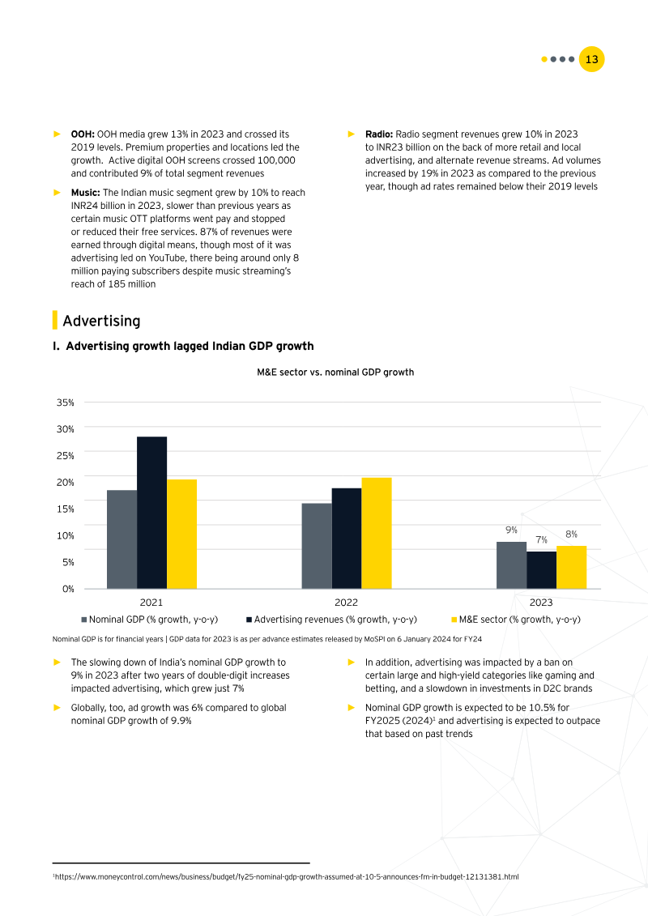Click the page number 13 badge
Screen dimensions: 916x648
pyautogui.click(x=592, y=59)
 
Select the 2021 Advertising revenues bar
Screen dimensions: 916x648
pyautogui.click(x=151, y=512)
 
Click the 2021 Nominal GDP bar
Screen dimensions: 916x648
pyautogui.click(x=122, y=539)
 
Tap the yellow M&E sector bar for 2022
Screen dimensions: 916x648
pyautogui.click(x=376, y=532)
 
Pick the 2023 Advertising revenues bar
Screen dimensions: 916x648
pyautogui.click(x=541, y=569)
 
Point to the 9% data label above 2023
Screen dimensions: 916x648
pyautogui.click(x=511, y=530)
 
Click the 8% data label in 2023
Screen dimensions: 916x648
pyautogui.click(x=571, y=534)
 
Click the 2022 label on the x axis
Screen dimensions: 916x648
pyautogui.click(x=346, y=603)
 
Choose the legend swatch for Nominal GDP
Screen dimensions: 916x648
pyautogui.click(x=84, y=620)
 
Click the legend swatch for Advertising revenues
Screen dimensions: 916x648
pyautogui.click(x=249, y=620)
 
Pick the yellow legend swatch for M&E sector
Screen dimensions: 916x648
pyautogui.click(x=454, y=620)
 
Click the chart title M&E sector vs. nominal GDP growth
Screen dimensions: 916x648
pyautogui.click(x=335, y=373)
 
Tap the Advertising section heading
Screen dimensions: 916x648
pyautogui.click(x=101, y=321)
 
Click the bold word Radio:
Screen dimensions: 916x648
pyautogui.click(x=379, y=133)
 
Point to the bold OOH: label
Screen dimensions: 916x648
pyautogui.click(x=83, y=133)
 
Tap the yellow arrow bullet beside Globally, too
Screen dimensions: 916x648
pyautogui.click(x=57, y=707)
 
